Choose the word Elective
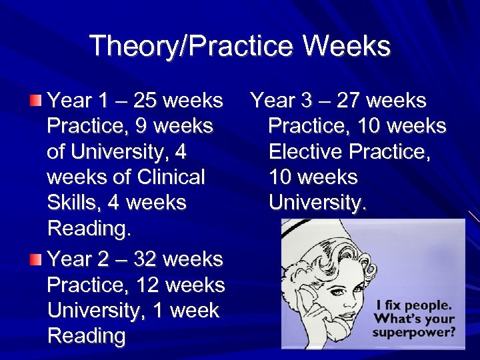click(x=306, y=152)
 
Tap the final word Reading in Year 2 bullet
click(x=87, y=337)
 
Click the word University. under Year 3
click(x=317, y=203)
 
